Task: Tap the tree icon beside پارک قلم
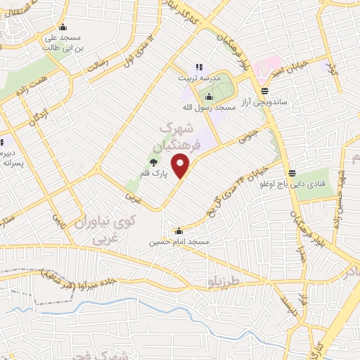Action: point(153,163)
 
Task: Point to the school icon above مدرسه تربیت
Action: point(199,66)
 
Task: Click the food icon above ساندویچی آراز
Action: point(264,90)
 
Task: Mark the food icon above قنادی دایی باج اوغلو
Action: point(292,174)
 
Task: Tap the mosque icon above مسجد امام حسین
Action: point(179,230)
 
